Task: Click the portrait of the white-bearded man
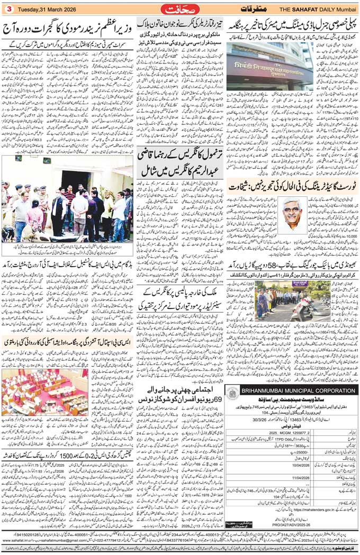[x=291, y=216]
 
